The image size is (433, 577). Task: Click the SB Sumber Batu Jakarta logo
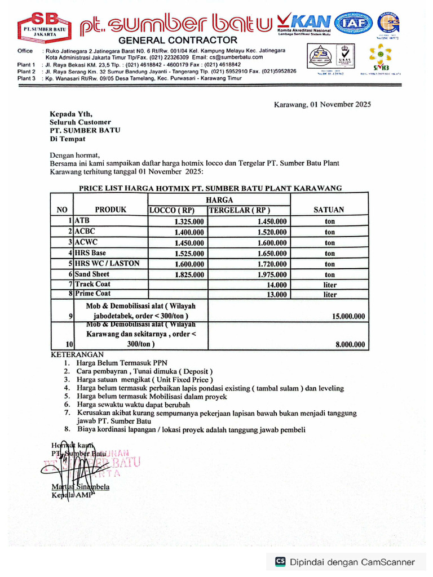pyautogui.click(x=42, y=26)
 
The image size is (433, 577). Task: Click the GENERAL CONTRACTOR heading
pyautogui.click(x=178, y=40)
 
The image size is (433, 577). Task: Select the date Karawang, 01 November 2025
pyautogui.click(x=322, y=104)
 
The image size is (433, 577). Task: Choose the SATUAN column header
pyautogui.click(x=329, y=210)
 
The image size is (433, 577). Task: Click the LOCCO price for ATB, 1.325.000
pyautogui.click(x=189, y=222)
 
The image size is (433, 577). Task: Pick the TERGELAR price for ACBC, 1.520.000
pyautogui.click(x=272, y=232)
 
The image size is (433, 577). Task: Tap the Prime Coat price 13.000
pyautogui.click(x=276, y=294)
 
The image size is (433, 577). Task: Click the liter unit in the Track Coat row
pyautogui.click(x=330, y=285)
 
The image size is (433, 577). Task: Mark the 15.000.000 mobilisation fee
pyautogui.click(x=348, y=317)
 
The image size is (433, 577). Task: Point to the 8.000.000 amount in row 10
pyautogui.click(x=350, y=344)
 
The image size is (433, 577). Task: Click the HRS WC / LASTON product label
pyautogui.click(x=107, y=263)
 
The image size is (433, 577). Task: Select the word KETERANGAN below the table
pyautogui.click(x=77, y=355)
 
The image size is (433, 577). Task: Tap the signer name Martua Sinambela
pyautogui.click(x=81, y=487)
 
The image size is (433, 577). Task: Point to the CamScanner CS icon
pyautogui.click(x=280, y=562)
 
